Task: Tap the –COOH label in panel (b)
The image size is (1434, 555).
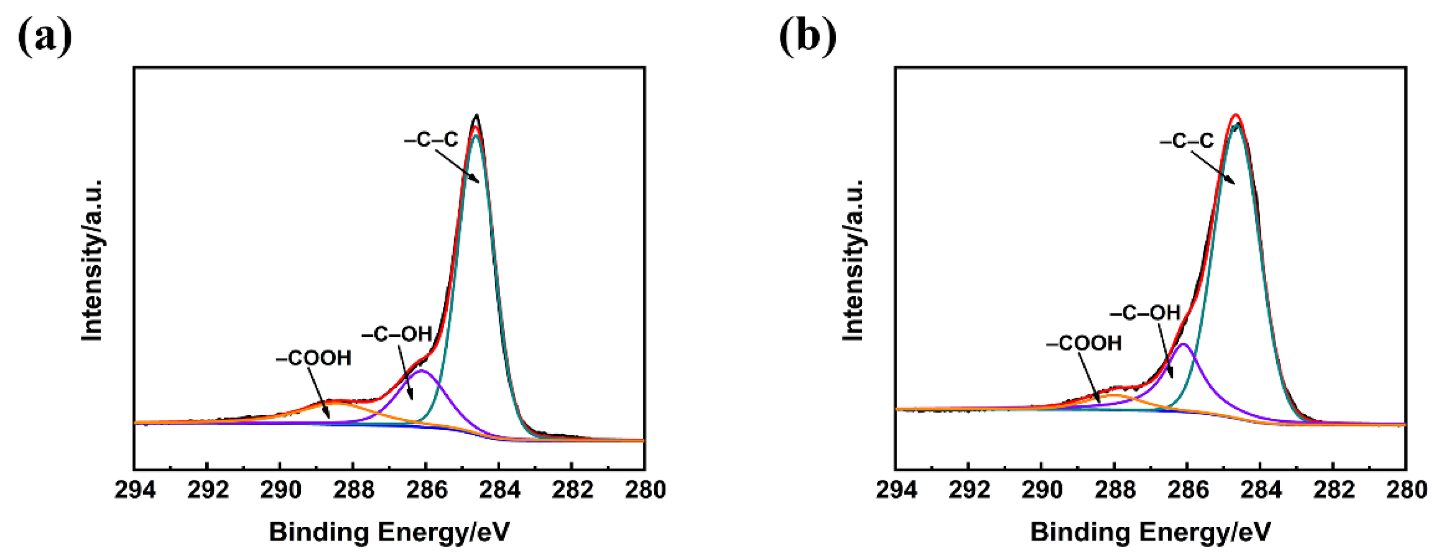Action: [x=1084, y=344]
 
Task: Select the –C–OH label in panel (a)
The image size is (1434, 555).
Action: [x=397, y=334]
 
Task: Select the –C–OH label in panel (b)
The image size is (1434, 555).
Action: [x=1145, y=313]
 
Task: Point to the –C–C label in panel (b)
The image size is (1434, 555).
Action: [x=1187, y=141]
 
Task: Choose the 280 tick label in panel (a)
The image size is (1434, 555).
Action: [x=645, y=490]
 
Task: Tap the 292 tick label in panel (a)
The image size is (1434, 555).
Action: [x=207, y=490]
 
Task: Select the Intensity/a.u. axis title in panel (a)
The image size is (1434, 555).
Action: [x=92, y=260]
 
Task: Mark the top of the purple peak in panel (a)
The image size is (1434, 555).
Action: [x=421, y=370]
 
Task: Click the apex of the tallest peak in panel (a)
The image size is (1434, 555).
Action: [x=476, y=116]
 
